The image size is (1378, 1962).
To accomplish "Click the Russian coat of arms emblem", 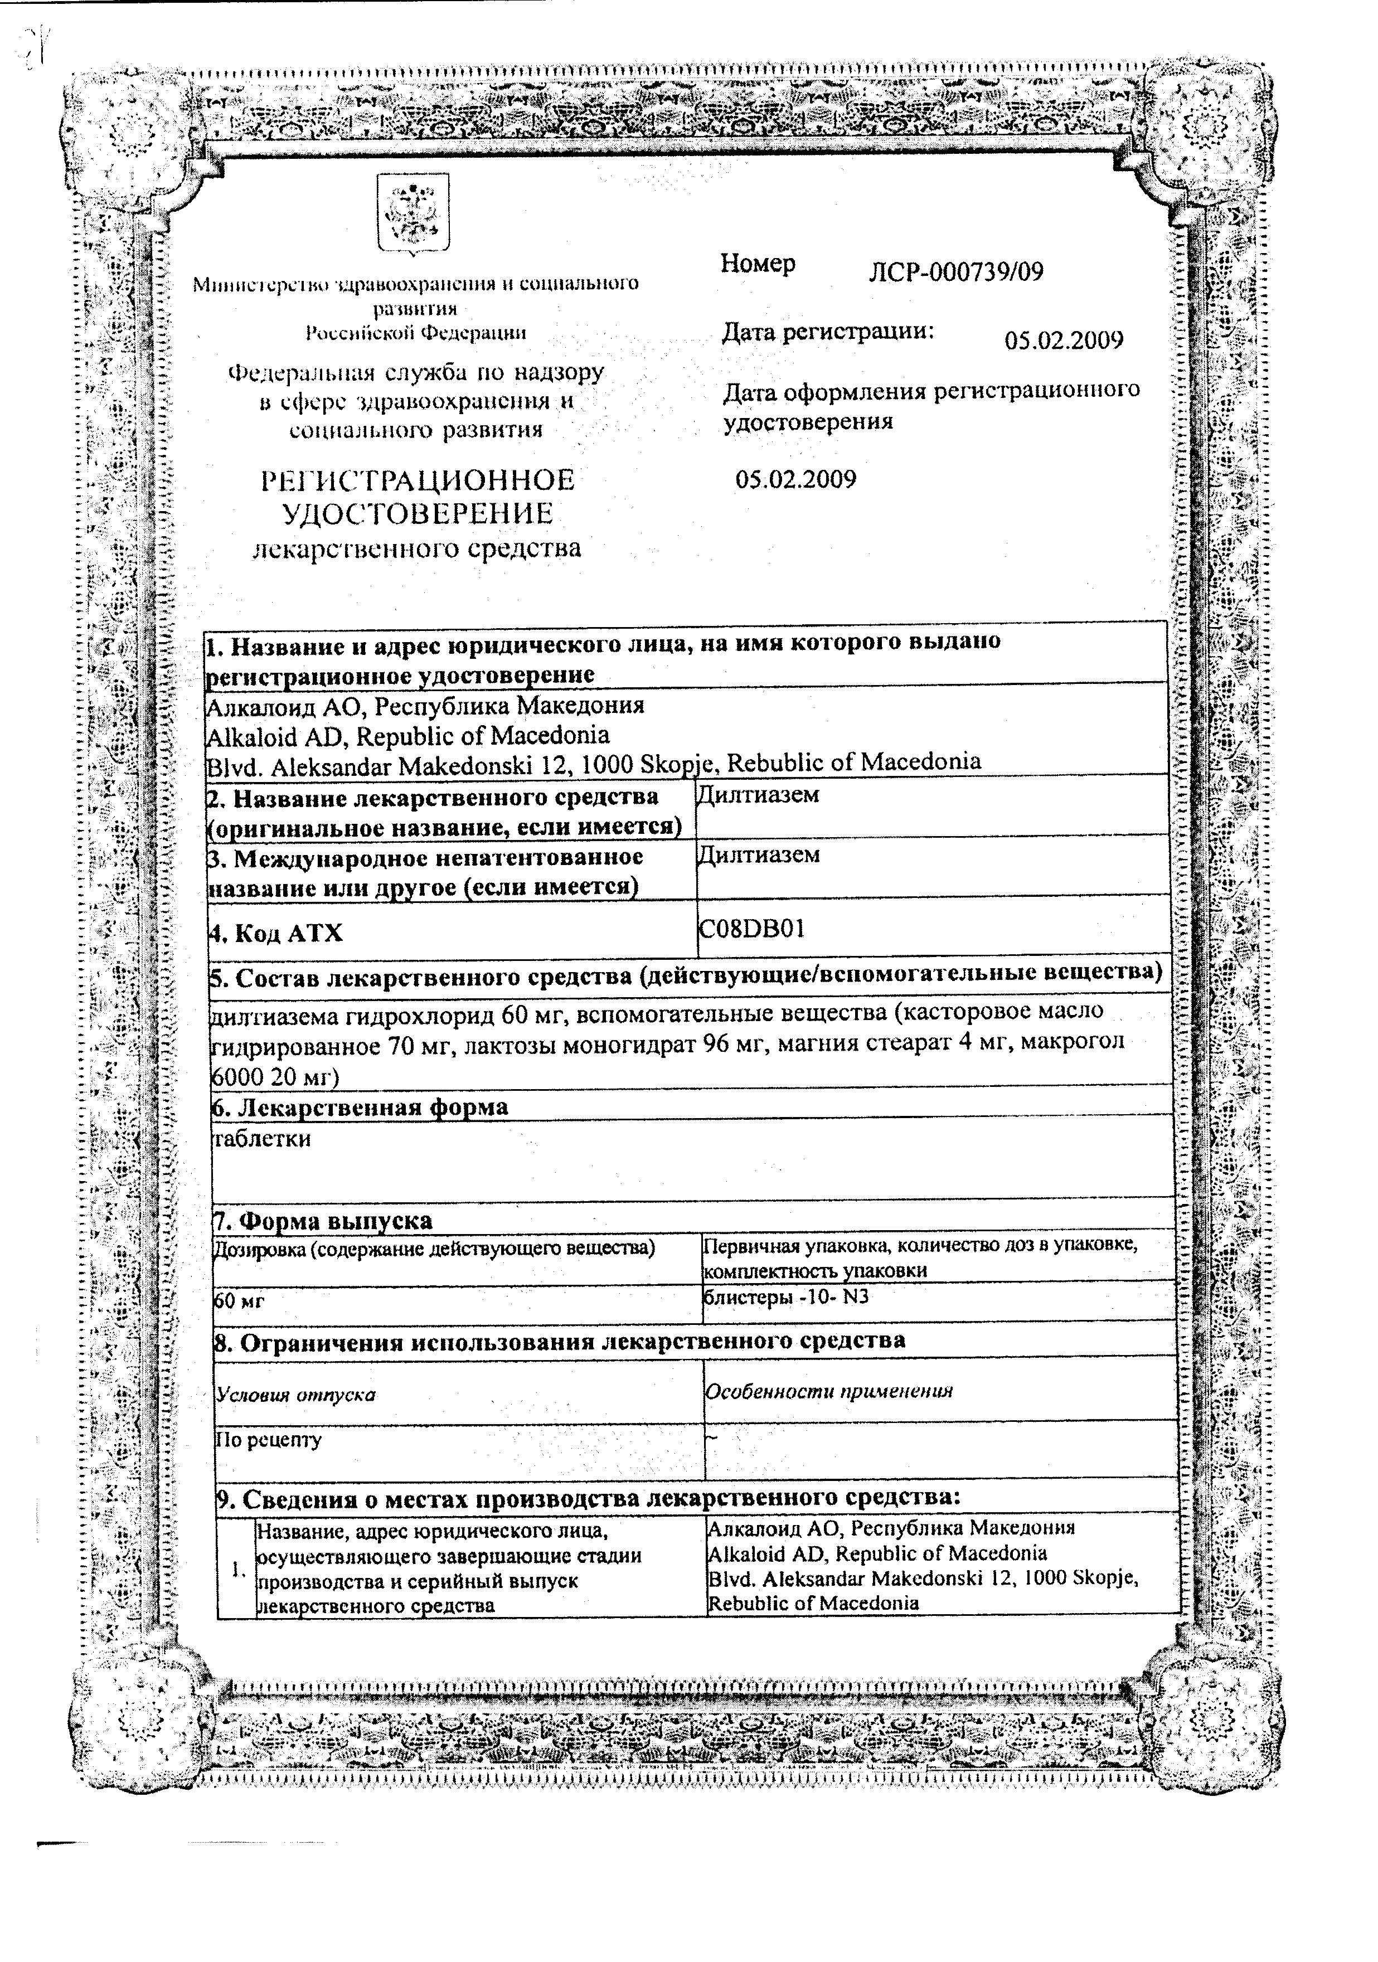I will click(413, 213).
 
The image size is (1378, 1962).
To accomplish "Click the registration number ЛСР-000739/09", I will click(955, 272).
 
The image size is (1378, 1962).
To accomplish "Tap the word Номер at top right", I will click(758, 263).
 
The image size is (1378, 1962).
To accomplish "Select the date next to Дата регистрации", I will click(1064, 340).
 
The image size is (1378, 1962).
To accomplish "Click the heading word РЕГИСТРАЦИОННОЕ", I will click(417, 480).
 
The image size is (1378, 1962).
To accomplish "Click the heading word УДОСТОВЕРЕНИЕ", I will click(417, 513).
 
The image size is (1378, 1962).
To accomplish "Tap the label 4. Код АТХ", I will click(276, 933).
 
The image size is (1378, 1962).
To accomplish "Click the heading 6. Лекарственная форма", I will click(360, 1106).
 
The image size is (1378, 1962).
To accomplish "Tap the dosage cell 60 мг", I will click(239, 1301).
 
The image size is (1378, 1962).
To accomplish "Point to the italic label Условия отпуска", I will click(296, 1395).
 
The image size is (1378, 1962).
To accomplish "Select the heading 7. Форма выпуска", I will click(323, 1220).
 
